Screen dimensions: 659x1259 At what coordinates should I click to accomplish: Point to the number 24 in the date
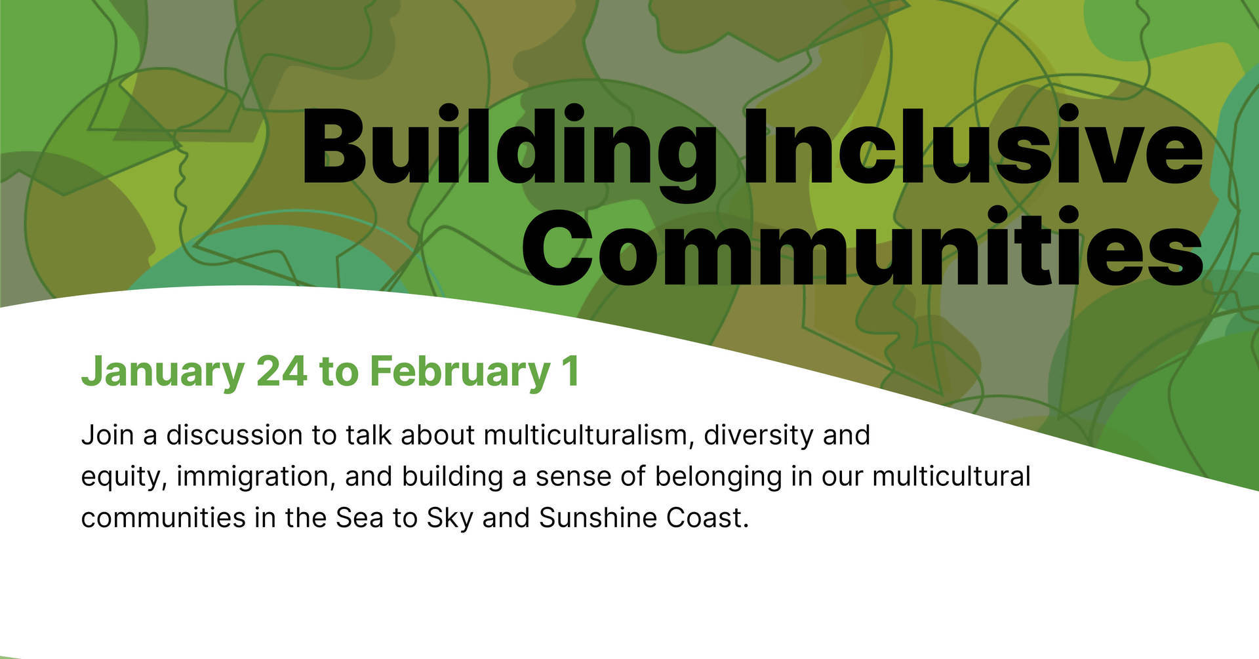(x=281, y=371)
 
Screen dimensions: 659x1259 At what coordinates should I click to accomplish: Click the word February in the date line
(x=459, y=371)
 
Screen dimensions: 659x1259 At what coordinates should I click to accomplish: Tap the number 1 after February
(x=570, y=371)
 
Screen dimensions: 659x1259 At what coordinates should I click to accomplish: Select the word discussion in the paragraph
(x=233, y=435)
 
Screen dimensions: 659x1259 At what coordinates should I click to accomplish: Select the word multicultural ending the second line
(x=951, y=477)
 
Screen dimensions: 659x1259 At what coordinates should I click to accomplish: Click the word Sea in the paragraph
(x=359, y=518)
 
